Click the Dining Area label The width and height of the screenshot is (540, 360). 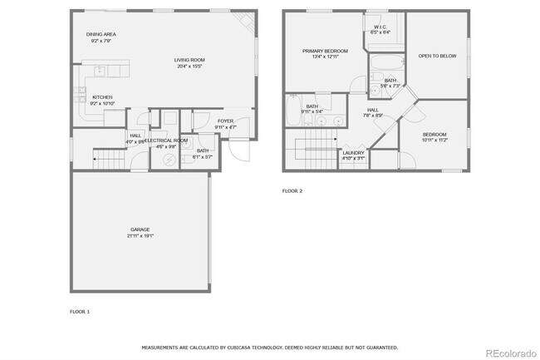101,34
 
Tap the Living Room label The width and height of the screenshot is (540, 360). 189,60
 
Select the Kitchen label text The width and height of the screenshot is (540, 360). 102,97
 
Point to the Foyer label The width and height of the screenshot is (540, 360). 225,121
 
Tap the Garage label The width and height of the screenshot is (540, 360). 140,229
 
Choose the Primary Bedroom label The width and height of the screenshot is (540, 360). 324,51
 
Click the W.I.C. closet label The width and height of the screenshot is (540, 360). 380,27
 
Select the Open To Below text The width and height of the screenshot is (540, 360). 436,56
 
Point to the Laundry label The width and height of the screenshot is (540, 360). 352,152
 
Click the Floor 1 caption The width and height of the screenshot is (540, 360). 79,311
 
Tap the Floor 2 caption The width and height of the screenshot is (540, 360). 292,191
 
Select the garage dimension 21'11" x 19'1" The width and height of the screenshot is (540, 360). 140,236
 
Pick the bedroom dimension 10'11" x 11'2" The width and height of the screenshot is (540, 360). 434,140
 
